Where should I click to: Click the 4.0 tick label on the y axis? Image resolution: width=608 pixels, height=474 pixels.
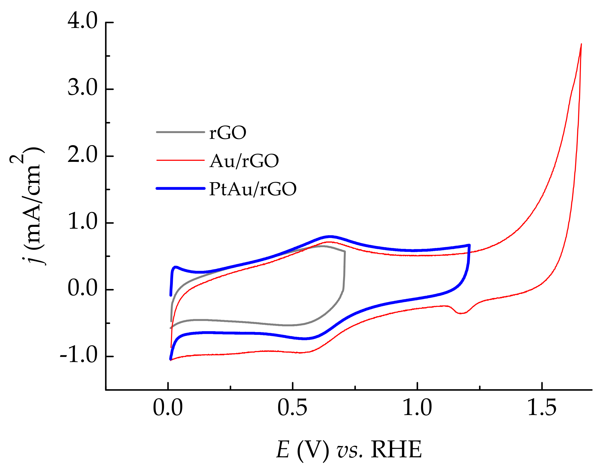pyautogui.click(x=82, y=21)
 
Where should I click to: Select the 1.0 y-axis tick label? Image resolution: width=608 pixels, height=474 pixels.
pyautogui.click(x=82, y=222)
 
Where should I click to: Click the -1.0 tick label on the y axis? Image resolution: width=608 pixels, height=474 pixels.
pyautogui.click(x=79, y=356)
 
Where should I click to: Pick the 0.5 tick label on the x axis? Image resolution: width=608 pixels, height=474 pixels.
pyautogui.click(x=292, y=408)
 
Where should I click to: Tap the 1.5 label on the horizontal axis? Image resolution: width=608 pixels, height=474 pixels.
pyautogui.click(x=542, y=408)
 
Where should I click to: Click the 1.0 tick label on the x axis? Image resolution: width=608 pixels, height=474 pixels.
pyautogui.click(x=417, y=408)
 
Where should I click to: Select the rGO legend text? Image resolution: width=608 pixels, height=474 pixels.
pyautogui.click(x=228, y=133)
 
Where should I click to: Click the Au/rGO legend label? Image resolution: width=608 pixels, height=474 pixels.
pyautogui.click(x=244, y=161)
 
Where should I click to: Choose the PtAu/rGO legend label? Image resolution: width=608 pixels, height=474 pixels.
pyautogui.click(x=253, y=189)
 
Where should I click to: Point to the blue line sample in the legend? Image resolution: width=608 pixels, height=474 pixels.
pyautogui.click(x=180, y=189)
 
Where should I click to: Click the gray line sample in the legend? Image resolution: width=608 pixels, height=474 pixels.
pyautogui.click(x=180, y=132)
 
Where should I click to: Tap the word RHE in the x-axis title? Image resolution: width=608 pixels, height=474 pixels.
pyautogui.click(x=396, y=449)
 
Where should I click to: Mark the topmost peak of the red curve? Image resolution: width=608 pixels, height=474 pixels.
pyautogui.click(x=581, y=44)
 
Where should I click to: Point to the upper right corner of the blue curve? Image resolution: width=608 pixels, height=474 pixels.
pyautogui.click(x=469, y=245)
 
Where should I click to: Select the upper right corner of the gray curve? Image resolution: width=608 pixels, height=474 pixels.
pyautogui.click(x=345, y=252)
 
